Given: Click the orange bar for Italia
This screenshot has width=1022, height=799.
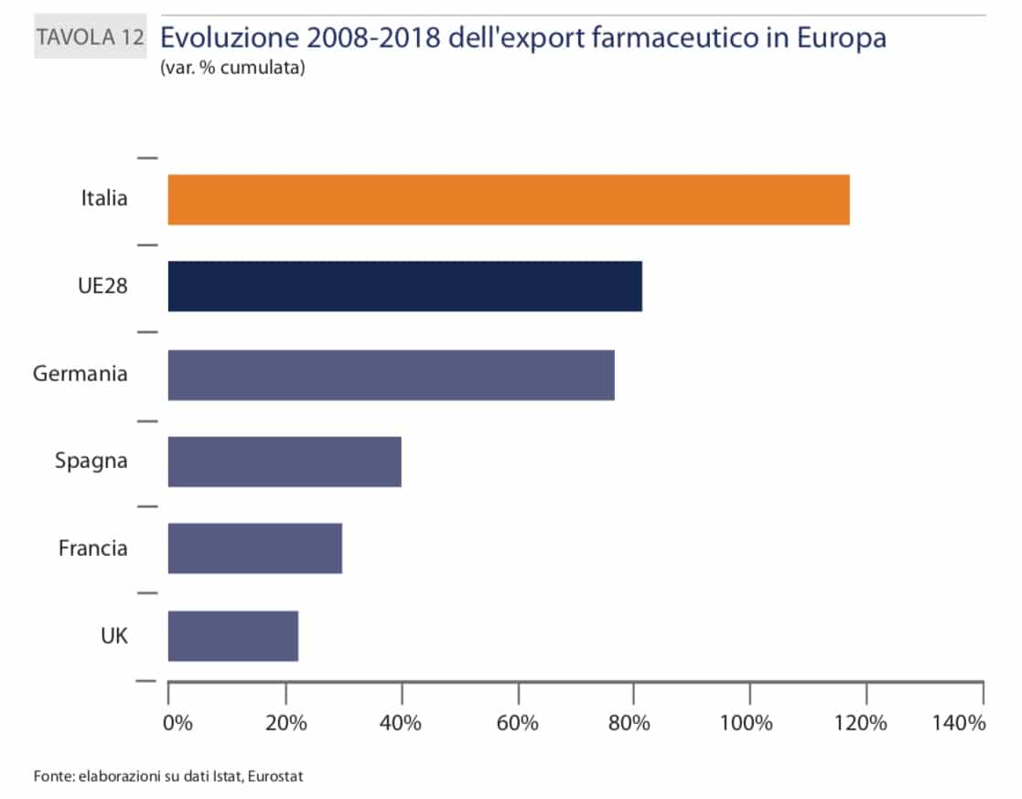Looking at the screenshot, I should point(509,199).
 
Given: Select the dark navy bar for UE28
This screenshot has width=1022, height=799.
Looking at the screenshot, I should point(404,286).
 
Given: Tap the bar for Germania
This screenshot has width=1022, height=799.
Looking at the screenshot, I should point(391,374).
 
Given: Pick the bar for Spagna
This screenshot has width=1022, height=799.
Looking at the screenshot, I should point(285,462).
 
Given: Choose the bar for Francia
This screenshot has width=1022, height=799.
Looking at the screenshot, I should point(254,549).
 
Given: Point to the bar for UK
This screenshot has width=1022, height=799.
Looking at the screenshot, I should point(232,635).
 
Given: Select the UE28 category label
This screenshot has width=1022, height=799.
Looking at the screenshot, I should point(102,286).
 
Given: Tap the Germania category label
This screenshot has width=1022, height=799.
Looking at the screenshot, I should point(80,374).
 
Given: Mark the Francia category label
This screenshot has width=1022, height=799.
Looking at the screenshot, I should point(92,549).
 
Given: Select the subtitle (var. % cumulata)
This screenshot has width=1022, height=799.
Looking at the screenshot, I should point(231,68).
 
